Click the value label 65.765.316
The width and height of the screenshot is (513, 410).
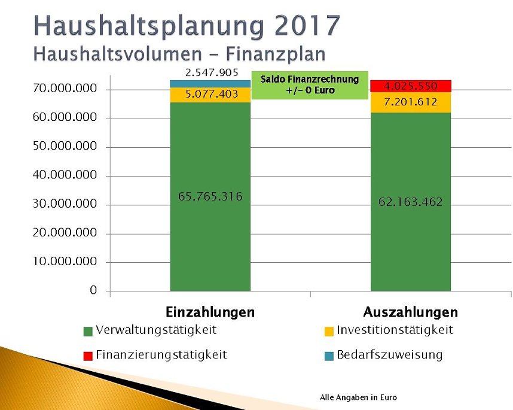coord(210,196)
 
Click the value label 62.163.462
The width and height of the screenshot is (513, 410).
coord(411,202)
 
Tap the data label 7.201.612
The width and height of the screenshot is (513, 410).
coord(411,102)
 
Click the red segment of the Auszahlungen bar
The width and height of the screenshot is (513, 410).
coord(411,86)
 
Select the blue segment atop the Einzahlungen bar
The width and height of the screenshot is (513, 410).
coord(210,84)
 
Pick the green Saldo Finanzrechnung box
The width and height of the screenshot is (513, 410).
coord(309,85)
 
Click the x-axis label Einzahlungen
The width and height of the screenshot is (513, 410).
coord(210,312)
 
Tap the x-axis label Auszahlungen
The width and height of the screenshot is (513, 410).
coord(411,312)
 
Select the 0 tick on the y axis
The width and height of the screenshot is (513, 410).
coord(93,290)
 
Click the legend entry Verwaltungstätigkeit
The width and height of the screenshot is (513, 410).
coord(155,330)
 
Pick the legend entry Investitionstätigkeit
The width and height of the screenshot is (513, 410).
coord(395,330)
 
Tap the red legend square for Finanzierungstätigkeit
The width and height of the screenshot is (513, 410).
coord(88,356)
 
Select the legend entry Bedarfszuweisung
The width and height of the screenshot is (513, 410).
coord(389,355)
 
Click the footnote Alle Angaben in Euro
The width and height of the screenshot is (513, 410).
coord(358,397)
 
